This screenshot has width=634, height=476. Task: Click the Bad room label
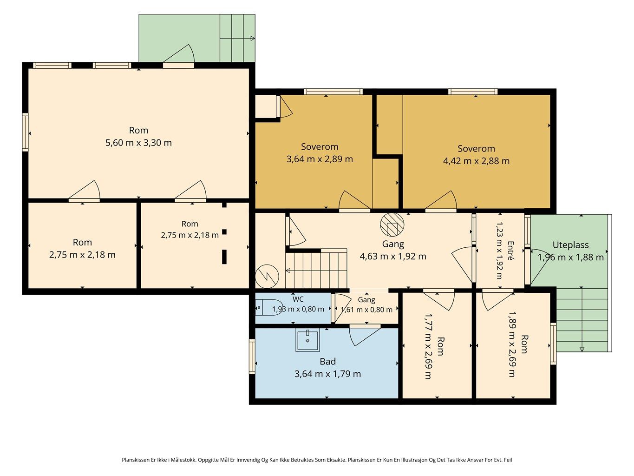point(327,362)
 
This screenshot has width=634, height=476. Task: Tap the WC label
point(298,299)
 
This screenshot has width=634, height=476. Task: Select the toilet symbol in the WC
point(265,307)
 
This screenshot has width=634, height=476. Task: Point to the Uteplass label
point(570,245)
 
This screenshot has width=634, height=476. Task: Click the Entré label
point(510,251)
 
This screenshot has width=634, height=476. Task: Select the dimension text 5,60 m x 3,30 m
point(138,143)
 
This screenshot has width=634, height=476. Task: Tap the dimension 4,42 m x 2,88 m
point(476,161)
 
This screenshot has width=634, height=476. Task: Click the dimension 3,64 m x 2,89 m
point(320,159)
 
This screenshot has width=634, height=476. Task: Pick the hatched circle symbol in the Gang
point(392,225)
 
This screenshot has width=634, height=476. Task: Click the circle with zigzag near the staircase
point(267,276)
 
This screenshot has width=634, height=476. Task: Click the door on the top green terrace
point(178,55)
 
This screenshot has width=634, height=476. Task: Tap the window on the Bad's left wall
point(252,357)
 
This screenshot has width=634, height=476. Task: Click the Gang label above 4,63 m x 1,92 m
point(393,244)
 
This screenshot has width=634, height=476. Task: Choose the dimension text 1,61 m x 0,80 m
point(366,310)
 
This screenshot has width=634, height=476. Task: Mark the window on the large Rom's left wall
point(26,132)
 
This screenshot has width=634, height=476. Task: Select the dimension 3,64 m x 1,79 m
point(327,374)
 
